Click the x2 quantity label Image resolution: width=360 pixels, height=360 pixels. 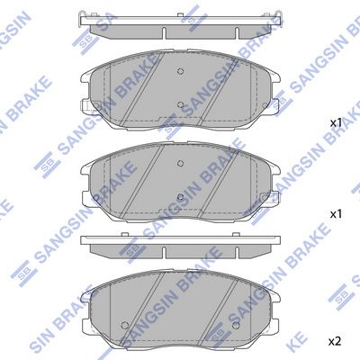tap(335, 341)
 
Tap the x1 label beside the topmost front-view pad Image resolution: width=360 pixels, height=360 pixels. tap(336, 122)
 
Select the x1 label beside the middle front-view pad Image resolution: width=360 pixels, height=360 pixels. tap(336, 214)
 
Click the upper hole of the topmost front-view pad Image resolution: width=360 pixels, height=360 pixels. tap(180, 71)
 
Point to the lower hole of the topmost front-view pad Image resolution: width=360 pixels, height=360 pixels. tap(180, 104)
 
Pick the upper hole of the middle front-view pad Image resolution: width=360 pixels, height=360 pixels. tap(180, 163)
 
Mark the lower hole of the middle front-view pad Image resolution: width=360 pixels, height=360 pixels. tap(180, 197)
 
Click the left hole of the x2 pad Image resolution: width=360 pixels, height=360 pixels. tap(125, 325)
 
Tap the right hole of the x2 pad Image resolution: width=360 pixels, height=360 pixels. tap(236, 325)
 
